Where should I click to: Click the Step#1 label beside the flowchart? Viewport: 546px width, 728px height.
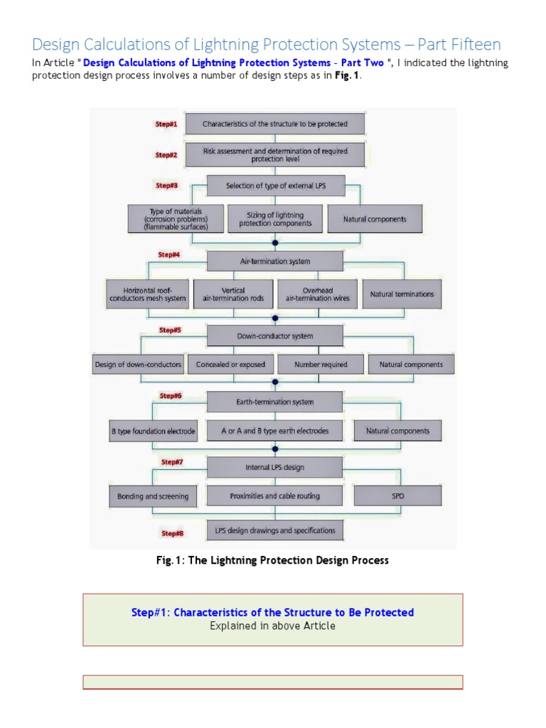pos(166,124)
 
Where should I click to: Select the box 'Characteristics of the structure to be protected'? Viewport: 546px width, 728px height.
pos(275,124)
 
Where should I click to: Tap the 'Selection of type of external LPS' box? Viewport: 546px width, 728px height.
pos(275,186)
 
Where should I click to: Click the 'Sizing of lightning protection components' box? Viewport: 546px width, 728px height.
pos(275,219)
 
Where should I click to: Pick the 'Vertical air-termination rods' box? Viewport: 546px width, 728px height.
pos(229,294)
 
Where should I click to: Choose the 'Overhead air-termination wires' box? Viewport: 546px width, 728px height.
pos(317,294)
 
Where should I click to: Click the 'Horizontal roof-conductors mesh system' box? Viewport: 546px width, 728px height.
pos(148,294)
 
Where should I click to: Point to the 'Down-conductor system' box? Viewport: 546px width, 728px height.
pos(274,336)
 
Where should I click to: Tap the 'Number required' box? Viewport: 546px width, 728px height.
pos(321,365)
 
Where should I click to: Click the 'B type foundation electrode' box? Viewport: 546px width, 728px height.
pos(148,431)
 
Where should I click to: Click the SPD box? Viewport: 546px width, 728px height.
pos(397,496)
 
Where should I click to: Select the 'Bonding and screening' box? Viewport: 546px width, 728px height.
pos(152,496)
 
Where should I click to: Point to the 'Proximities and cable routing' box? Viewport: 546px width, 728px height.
pos(274,496)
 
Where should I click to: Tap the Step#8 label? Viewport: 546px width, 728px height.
pos(172,533)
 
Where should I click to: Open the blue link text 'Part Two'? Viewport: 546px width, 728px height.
pos(364,63)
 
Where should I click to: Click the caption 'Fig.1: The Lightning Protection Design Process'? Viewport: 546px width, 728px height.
pos(272,560)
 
